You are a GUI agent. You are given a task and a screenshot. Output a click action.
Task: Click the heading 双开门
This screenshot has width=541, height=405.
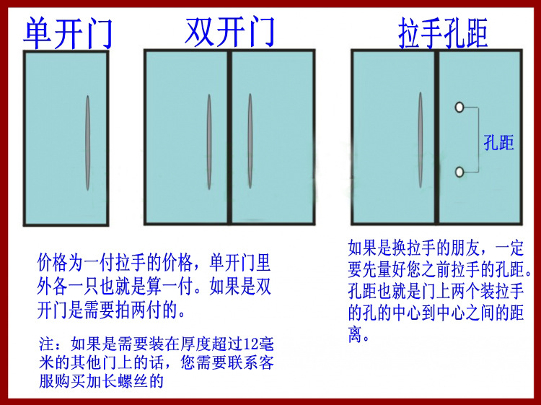point(230,31)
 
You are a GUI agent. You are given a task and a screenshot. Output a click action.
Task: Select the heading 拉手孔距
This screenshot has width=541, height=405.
point(443,33)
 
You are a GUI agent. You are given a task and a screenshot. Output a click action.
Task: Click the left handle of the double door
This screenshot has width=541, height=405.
point(209,142)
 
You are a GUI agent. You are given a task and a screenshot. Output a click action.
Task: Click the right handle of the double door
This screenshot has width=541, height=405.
point(250,142)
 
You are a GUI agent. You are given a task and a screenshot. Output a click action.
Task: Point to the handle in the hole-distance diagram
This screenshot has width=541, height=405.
point(420,142)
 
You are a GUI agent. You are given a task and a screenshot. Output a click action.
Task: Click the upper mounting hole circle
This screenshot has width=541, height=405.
point(459,108)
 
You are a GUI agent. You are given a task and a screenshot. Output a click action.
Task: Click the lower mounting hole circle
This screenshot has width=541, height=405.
point(459,172)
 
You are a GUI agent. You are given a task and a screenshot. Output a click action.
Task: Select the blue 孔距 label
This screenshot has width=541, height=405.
point(498,144)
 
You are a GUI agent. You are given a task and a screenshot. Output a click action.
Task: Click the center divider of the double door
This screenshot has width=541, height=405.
point(229,138)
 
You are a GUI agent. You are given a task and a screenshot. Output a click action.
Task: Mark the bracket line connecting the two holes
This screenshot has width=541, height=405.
point(477,140)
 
